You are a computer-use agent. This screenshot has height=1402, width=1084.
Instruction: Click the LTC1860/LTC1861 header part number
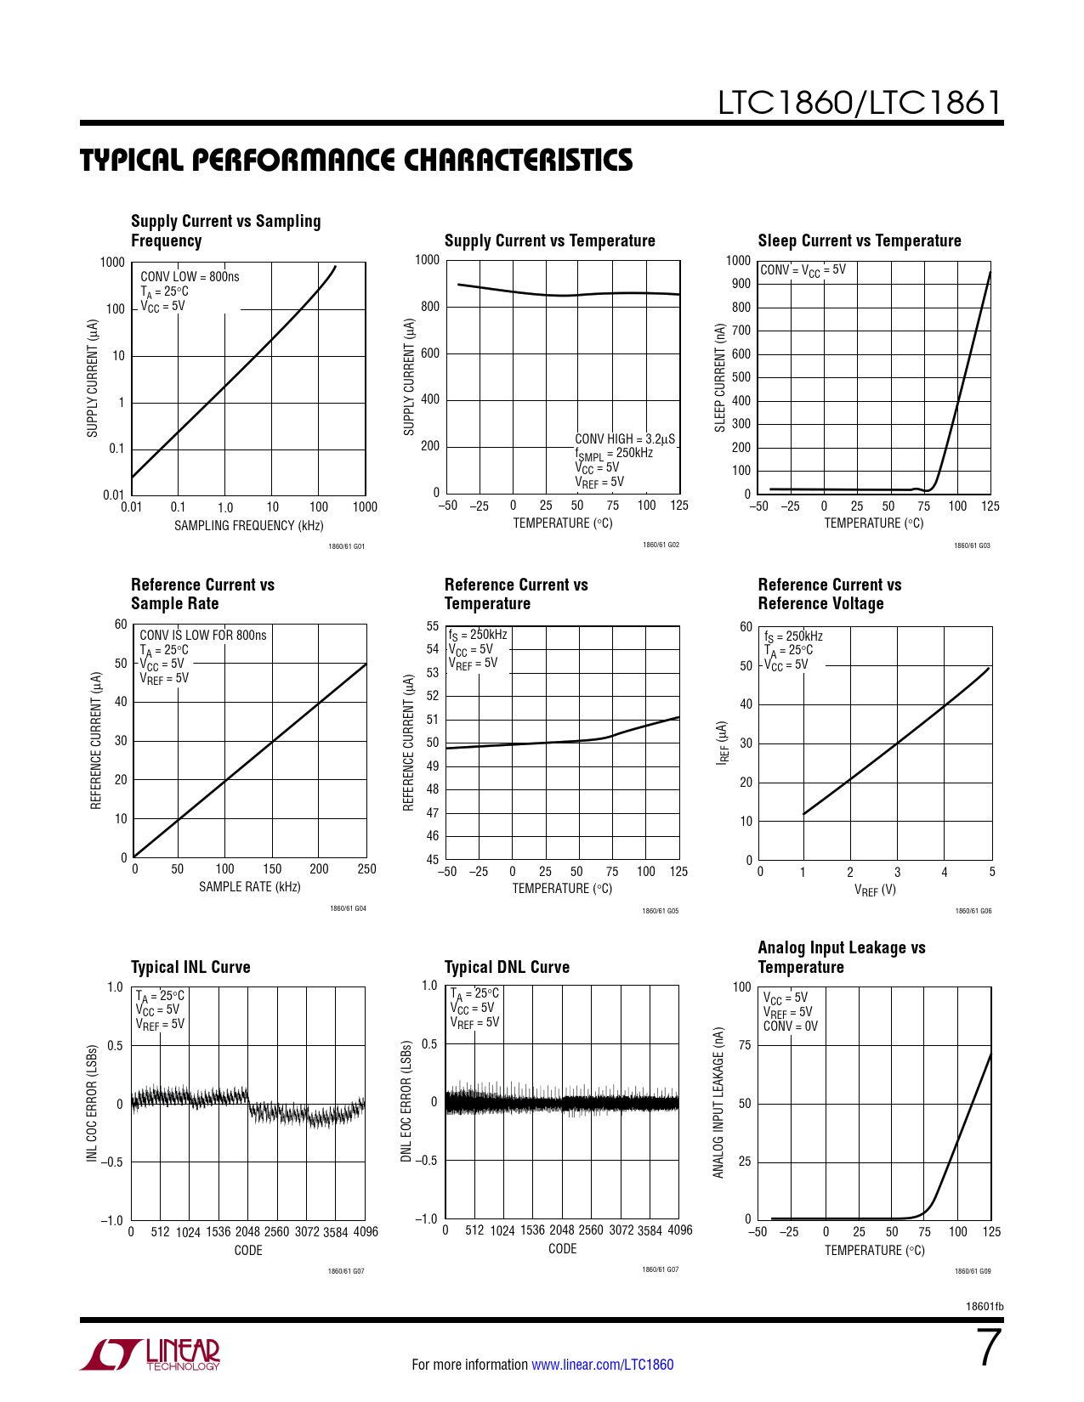[x=860, y=103]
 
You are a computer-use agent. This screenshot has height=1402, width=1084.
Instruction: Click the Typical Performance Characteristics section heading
[x=356, y=161]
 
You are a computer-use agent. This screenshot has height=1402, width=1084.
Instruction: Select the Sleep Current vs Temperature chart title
[x=859, y=240]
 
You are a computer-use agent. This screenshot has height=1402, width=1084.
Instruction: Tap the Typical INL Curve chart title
[x=190, y=967]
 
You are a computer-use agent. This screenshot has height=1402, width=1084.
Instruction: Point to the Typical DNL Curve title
[x=507, y=967]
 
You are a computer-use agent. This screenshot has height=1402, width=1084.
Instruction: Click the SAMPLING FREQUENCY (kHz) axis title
[x=248, y=525]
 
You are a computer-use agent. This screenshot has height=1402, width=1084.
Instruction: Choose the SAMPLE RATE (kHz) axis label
[x=249, y=886]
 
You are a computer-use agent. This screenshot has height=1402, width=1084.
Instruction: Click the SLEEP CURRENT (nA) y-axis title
[x=720, y=377]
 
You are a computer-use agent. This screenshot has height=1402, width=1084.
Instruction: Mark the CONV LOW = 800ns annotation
[x=190, y=276]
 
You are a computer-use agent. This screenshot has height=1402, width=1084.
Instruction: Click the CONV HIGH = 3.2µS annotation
[x=625, y=438]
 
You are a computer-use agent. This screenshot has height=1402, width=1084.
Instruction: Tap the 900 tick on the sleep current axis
[x=741, y=284]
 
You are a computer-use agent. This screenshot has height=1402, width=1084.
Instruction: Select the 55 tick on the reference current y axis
[x=433, y=626]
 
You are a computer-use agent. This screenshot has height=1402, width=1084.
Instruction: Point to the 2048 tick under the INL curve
[x=247, y=1231]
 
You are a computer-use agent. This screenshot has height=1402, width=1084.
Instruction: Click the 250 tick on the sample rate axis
[x=366, y=868]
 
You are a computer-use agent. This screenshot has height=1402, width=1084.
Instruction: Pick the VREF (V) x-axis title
[x=875, y=890]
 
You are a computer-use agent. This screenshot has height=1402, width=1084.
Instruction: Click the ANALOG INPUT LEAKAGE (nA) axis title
[x=718, y=1103]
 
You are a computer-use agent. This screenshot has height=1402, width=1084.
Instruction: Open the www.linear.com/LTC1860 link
[x=602, y=1365]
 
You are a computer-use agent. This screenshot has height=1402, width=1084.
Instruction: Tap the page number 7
[x=988, y=1348]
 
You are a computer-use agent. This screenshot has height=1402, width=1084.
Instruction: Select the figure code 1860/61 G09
[x=973, y=1271]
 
